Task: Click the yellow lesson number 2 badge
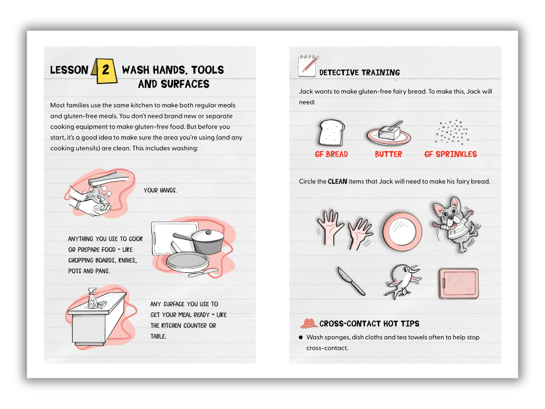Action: click(x=104, y=70)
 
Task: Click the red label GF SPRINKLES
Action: click(x=450, y=154)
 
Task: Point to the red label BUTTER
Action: click(x=388, y=154)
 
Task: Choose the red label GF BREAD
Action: click(x=331, y=154)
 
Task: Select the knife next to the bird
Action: click(x=352, y=281)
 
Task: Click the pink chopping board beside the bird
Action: click(x=458, y=284)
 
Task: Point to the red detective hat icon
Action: click(x=309, y=323)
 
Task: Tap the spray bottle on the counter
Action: click(x=93, y=298)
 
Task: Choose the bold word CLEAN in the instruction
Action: click(x=337, y=181)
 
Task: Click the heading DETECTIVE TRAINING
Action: click(x=359, y=73)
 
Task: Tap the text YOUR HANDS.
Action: click(x=160, y=190)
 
